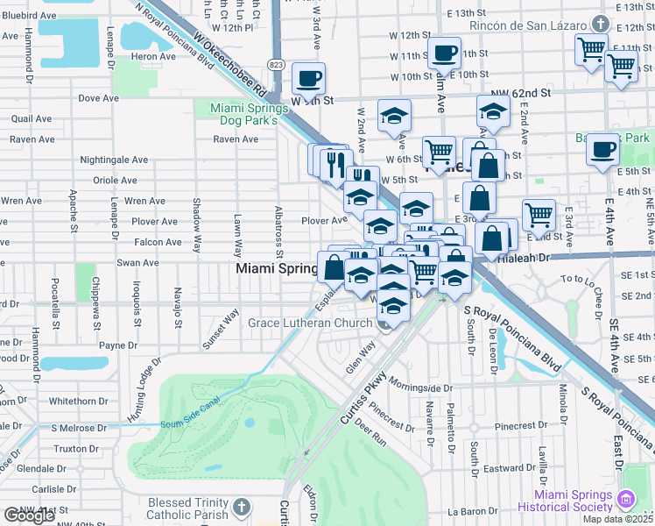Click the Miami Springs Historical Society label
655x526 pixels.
pos(565,501)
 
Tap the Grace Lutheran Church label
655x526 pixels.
pos(310,323)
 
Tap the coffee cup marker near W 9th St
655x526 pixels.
pos(308,80)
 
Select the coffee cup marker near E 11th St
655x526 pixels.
pos(444,53)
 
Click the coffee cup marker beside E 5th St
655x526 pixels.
pos(602,150)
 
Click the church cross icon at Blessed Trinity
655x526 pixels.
pos(241,507)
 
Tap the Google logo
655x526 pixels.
pos(28,515)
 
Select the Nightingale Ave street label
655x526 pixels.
pos(114,160)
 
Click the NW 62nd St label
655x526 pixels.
pos(520,92)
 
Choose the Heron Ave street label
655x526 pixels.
pos(148,57)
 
